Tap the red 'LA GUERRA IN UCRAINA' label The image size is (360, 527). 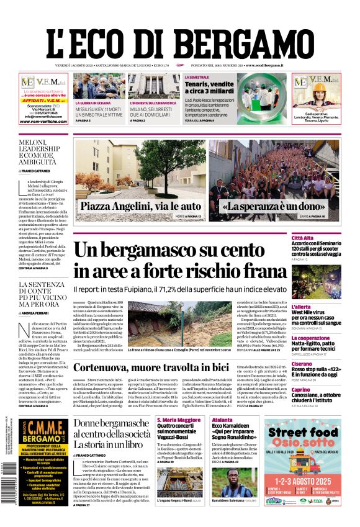94,103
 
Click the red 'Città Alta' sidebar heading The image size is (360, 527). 302,238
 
